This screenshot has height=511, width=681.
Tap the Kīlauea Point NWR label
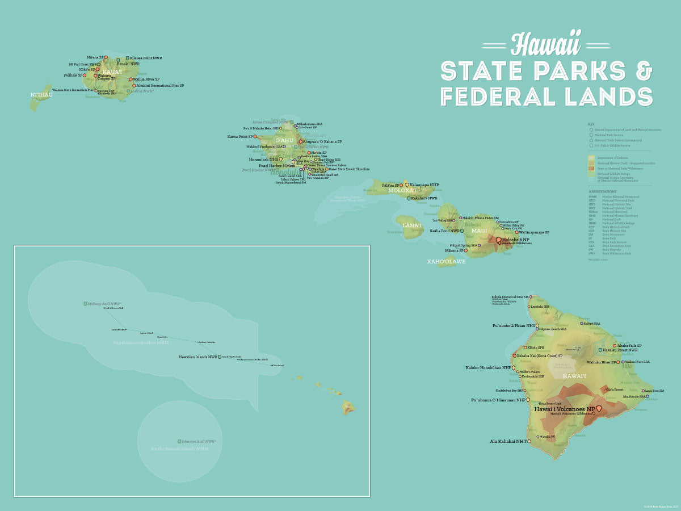click(146, 58)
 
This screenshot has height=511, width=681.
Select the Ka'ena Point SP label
click(240, 136)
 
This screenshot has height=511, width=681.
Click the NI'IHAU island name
click(41, 94)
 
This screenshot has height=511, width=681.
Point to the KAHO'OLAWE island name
click(446, 262)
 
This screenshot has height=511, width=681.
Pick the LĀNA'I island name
click(412, 225)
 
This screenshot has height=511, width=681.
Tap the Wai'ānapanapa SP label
click(534, 232)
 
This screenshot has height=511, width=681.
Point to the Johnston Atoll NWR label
click(199, 441)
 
